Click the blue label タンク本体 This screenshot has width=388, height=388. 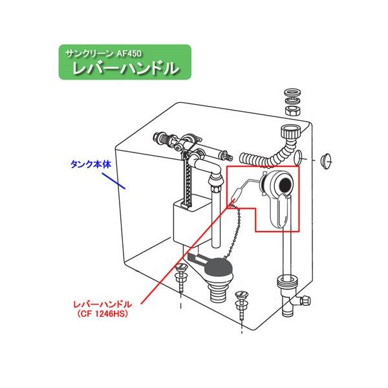(x=91, y=164)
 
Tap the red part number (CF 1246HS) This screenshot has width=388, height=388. (x=103, y=314)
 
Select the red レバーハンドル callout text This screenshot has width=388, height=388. (x=103, y=304)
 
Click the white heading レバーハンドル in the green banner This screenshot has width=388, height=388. (x=125, y=68)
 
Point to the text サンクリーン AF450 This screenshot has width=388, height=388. (x=103, y=54)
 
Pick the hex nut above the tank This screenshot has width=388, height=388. (x=293, y=111)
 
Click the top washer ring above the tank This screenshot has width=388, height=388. (x=293, y=92)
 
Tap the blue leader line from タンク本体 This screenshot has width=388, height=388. (x=114, y=181)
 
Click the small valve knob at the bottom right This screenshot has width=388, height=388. (x=305, y=301)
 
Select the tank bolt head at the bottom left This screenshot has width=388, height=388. (x=180, y=267)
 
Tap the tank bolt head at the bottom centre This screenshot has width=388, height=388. (x=241, y=295)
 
